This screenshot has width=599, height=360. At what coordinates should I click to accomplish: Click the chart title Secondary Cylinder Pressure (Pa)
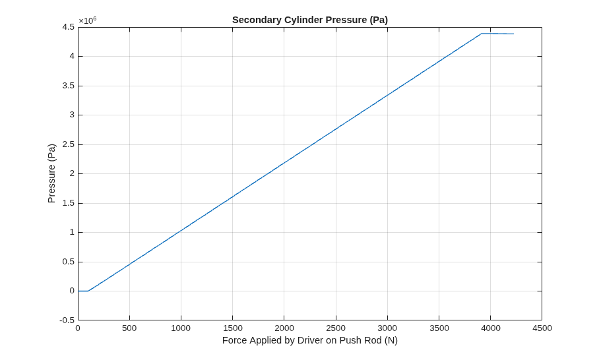point(310,20)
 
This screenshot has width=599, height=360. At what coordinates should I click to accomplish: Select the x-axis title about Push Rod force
point(310,340)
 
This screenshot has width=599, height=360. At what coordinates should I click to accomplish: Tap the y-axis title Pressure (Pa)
point(51,173)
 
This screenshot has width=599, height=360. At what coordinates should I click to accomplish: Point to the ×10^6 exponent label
point(88,20)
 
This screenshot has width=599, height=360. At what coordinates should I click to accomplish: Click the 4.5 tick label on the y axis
point(69,27)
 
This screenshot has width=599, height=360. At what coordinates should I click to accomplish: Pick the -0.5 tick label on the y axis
point(67,320)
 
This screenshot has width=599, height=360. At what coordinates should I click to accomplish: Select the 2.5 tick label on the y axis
point(69,144)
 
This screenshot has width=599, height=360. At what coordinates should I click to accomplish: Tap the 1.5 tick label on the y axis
point(69,203)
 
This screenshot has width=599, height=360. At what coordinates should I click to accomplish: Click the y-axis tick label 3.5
point(69,86)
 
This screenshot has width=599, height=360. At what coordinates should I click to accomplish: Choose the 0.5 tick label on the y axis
point(69,262)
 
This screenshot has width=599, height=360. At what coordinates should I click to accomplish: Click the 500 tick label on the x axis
point(129,328)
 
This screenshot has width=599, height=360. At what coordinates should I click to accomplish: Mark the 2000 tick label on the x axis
point(284,328)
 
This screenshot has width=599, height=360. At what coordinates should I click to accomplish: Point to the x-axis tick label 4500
point(542,328)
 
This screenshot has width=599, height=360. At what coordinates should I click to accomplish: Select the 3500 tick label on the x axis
point(439,328)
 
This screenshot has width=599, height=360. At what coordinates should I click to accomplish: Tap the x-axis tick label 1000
point(181,328)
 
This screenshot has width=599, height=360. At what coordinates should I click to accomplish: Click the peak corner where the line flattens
point(482,34)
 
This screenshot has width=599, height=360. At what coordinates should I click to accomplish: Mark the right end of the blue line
point(513,34)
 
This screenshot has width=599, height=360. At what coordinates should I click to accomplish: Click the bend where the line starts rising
point(88,291)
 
